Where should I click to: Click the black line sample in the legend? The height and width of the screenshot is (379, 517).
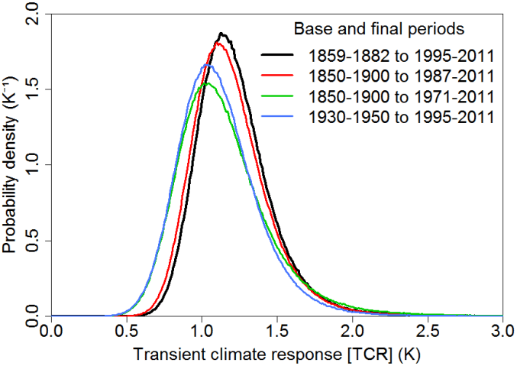280,56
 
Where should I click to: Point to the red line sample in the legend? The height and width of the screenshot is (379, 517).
280,76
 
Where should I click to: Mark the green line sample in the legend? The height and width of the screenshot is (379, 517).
280,97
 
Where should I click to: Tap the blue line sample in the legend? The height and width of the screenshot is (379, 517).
280,118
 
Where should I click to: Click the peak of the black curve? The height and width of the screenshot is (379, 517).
221,34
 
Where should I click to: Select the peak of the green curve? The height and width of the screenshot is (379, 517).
203,83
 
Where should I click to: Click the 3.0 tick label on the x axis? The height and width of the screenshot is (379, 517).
502,333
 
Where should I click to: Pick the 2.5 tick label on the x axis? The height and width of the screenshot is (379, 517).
427,333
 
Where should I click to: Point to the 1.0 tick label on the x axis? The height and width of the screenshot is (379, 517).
202,333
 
